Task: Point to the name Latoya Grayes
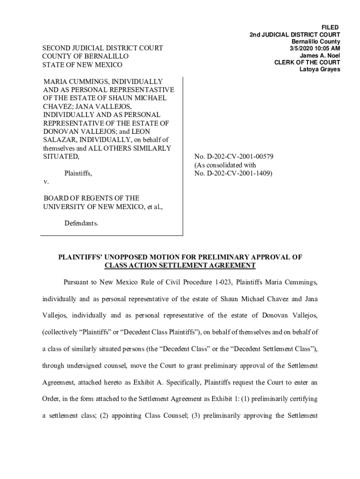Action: tap(320, 70)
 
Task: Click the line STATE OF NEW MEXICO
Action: tap(83, 65)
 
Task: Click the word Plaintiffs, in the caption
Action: tap(78, 174)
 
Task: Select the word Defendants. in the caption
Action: tap(81, 223)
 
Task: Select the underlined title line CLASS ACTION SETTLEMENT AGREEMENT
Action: tap(180, 265)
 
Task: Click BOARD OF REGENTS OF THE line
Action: tap(91, 198)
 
